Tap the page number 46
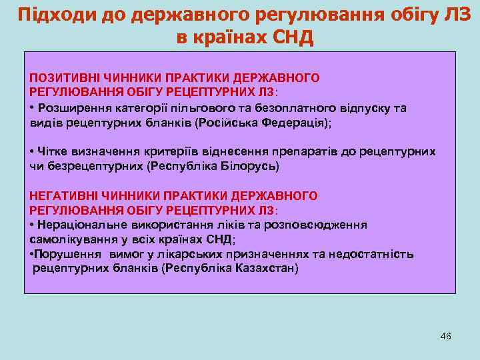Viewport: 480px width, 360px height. pyautogui.click(x=446, y=336)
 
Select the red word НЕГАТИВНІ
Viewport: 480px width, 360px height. pyautogui.click(x=61, y=195)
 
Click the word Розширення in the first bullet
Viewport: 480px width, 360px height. pyautogui.click(x=69, y=108)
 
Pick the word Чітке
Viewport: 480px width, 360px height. pyautogui.click(x=53, y=151)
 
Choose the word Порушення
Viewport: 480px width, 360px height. pyautogui.click(x=65, y=254)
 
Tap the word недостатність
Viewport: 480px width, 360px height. pyautogui.click(x=377, y=254)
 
